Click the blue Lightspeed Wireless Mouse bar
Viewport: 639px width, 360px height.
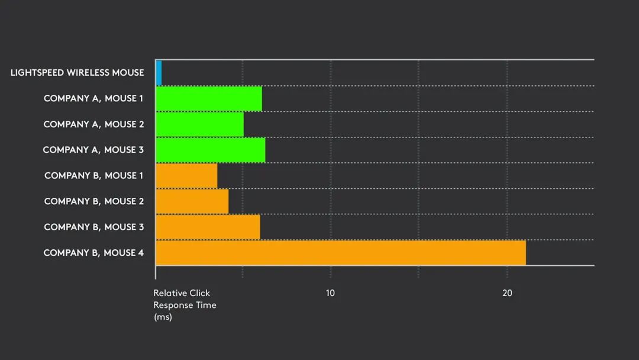159,73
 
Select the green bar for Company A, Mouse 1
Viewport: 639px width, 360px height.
209,98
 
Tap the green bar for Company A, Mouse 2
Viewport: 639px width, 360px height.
199,124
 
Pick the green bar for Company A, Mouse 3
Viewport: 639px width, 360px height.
210,150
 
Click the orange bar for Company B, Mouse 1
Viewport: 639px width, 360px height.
186,176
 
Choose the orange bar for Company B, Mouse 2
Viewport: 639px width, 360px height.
192,201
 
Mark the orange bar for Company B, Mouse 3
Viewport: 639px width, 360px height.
208,227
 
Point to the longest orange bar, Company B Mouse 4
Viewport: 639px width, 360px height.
340,253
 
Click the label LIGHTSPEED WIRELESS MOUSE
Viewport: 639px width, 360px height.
77,73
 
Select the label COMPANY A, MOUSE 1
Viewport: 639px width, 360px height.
93,98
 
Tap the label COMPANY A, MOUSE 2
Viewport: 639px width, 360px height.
93,124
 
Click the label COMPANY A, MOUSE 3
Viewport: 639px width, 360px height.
93,150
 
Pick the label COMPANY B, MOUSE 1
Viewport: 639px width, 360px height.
93,176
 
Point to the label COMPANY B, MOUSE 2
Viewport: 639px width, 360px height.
93,201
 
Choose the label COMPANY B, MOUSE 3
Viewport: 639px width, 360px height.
93,227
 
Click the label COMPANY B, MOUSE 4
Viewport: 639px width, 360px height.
93,253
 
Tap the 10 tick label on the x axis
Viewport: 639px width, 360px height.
330,293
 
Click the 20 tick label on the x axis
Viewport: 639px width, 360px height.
507,293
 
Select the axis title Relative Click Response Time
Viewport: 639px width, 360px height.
185,299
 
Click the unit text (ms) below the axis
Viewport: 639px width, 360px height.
163,317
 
